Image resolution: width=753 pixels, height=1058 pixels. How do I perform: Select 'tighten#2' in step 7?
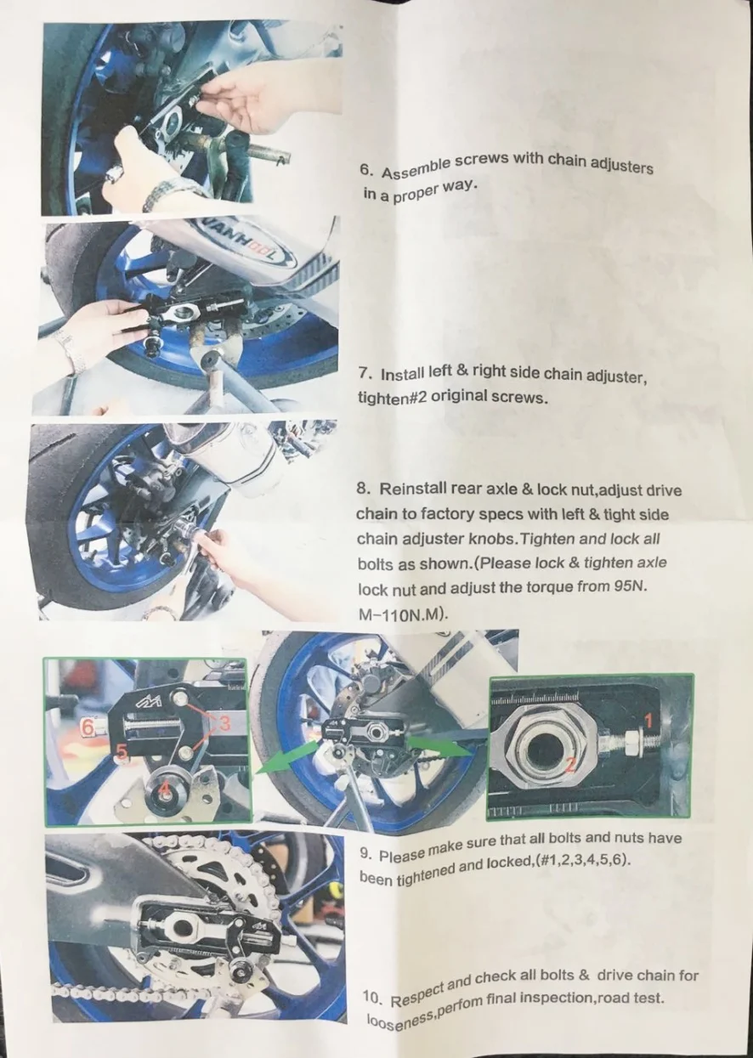tap(387, 397)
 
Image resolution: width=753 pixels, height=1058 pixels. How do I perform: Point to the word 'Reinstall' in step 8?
tap(419, 489)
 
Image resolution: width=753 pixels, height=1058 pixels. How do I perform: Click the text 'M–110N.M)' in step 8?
tap(399, 611)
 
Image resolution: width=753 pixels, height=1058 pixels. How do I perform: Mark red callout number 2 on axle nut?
tap(570, 764)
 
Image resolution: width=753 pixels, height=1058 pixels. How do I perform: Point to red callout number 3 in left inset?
tap(225, 722)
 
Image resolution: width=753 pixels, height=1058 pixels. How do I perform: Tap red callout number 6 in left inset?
tap(87, 727)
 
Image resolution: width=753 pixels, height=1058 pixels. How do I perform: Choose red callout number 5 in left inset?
tap(122, 751)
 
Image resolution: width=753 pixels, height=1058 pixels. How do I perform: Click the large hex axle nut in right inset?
tap(544, 750)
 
